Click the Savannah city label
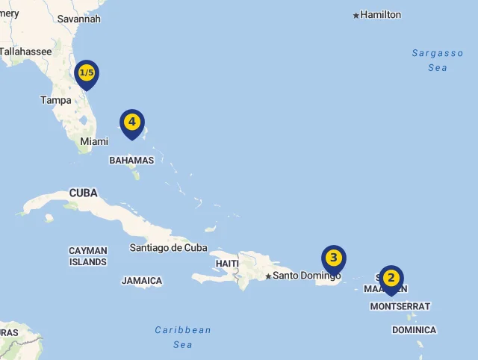[78, 19]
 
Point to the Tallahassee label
[25, 52]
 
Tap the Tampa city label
[56, 100]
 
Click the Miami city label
[94, 141]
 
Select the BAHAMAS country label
[131, 160]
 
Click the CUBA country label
[84, 193]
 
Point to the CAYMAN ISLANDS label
[88, 256]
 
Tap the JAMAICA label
[142, 281]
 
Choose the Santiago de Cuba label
[168, 247]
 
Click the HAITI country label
[227, 264]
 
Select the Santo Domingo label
[306, 276]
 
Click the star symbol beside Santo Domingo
[268, 276]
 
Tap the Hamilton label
[380, 15]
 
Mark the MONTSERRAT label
[400, 306]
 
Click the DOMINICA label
[414, 330]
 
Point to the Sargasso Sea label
[438, 60]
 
